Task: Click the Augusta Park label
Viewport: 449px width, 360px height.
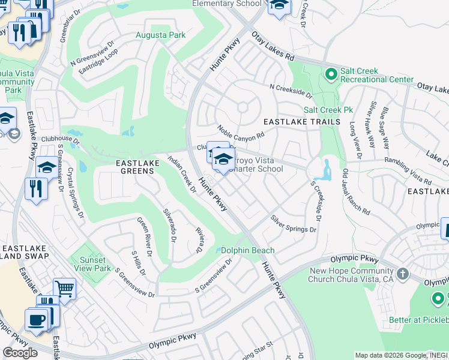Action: [x=160, y=35]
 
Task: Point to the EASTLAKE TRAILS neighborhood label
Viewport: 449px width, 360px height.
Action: [x=302, y=122]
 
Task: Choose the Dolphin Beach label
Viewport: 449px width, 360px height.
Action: [x=247, y=250]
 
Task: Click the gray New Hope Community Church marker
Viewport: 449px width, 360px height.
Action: [x=402, y=274]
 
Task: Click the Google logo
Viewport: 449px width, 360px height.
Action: [x=20, y=352]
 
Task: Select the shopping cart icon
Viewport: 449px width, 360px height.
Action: [x=64, y=289]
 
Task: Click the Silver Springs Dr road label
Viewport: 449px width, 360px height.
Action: [x=292, y=224]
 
